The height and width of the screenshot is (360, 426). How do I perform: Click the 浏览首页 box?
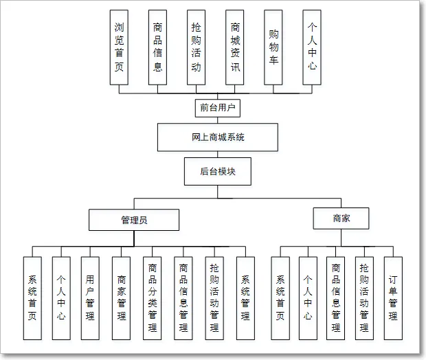[120, 47]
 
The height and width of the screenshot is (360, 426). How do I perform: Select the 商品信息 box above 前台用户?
[158, 47]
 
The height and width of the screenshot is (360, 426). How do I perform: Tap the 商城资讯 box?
[235, 47]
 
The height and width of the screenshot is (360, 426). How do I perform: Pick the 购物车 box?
[274, 47]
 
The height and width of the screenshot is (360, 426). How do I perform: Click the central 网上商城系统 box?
[218, 137]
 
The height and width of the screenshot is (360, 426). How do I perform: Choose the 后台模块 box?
[218, 171]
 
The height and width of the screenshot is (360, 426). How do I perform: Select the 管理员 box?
[134, 220]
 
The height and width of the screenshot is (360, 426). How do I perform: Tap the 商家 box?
[341, 218]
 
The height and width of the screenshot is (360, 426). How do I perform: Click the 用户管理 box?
[91, 297]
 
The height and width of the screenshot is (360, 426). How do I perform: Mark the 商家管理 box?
[122, 297]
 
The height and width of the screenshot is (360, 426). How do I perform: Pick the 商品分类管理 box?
[153, 297]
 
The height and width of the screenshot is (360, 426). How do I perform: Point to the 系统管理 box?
[245, 297]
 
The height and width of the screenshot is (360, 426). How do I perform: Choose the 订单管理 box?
[392, 297]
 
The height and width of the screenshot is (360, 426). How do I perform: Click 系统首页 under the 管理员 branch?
[32, 297]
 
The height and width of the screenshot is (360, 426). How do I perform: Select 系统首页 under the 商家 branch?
[280, 297]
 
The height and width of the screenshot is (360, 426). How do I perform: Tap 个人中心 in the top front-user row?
[312, 47]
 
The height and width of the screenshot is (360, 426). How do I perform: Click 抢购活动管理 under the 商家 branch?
[364, 297]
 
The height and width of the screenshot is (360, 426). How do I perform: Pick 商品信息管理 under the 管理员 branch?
[183, 297]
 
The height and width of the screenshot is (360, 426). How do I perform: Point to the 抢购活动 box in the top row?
[197, 47]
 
